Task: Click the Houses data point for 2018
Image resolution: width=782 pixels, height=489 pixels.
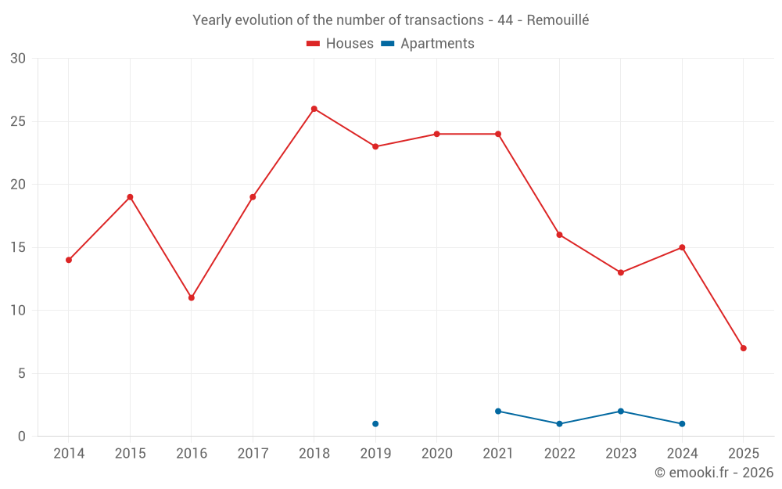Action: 314,109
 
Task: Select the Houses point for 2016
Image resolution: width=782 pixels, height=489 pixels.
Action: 192,298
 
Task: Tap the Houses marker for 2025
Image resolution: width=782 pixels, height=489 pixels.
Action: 744,348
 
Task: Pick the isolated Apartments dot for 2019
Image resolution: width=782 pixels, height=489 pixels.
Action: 375,424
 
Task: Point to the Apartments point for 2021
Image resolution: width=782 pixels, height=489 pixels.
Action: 498,412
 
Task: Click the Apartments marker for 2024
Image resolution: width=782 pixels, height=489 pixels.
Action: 682,424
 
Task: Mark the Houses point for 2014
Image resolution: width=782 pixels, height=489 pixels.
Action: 69,260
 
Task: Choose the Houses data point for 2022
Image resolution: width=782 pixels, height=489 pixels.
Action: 559,235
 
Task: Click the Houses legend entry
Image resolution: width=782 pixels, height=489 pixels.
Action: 340,44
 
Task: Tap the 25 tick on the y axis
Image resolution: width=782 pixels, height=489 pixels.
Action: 18,121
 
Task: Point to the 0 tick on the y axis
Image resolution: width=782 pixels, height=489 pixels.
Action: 22,437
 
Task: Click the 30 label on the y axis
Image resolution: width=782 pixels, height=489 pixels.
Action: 18,59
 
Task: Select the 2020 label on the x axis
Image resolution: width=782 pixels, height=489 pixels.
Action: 437,454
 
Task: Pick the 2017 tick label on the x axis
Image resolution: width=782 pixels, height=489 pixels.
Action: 253,454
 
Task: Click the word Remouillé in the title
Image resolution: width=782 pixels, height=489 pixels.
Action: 558,20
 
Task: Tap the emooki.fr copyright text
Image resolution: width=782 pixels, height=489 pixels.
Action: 713,473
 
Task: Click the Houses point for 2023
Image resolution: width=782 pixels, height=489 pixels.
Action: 621,272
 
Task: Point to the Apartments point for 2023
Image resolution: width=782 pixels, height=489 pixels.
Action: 621,412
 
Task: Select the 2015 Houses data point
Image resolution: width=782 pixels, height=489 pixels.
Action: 130,197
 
